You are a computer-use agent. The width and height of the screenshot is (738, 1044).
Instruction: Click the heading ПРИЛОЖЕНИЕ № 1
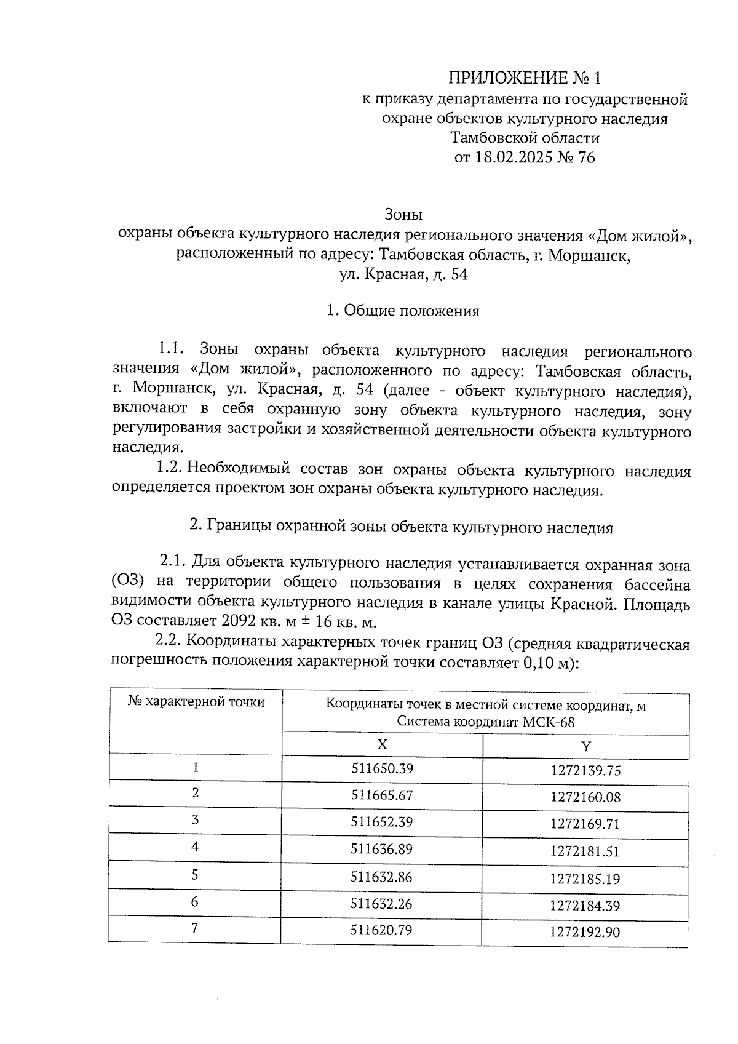(524, 78)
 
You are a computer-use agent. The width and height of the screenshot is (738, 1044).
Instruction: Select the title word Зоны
(403, 215)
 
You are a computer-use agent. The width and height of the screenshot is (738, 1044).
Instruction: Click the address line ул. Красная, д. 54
(403, 274)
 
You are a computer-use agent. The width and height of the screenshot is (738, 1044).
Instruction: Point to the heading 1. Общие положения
(403, 311)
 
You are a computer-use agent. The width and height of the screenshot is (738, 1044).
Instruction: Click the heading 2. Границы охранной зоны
(401, 527)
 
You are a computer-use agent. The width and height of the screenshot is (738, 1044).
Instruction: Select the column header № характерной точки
(196, 702)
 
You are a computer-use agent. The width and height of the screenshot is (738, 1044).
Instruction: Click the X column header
(382, 744)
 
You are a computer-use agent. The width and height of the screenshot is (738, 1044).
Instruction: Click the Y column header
(585, 746)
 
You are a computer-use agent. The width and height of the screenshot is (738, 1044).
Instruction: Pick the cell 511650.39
(381, 768)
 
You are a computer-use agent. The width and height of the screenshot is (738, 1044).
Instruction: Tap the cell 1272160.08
(585, 797)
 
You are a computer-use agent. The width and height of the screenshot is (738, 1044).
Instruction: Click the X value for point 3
(381, 822)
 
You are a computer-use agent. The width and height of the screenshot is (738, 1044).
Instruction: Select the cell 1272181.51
(585, 851)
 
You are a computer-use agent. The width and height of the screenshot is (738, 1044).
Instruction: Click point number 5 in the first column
(195, 874)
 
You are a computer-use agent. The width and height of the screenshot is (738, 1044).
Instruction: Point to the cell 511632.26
(381, 903)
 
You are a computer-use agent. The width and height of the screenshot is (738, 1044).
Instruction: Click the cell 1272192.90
(585, 932)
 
